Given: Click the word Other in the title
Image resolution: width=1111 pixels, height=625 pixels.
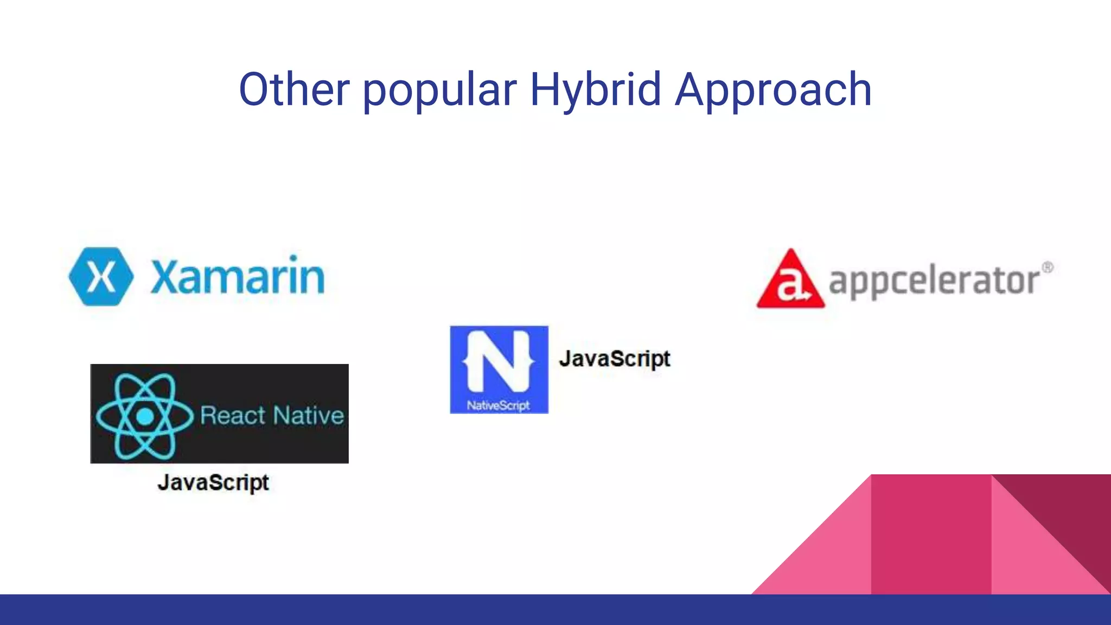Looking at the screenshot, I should pyautogui.click(x=295, y=90).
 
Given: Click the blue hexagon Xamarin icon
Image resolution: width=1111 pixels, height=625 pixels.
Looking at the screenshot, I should pyautogui.click(x=101, y=277).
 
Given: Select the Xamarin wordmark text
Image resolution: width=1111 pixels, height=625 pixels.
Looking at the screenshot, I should pyautogui.click(x=238, y=277).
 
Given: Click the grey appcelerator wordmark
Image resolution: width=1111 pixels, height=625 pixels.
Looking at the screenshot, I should pyautogui.click(x=934, y=281).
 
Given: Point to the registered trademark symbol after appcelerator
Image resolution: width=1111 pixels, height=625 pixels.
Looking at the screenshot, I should pyautogui.click(x=1048, y=267).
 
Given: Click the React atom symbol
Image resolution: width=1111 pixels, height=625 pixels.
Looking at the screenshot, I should pyautogui.click(x=144, y=416).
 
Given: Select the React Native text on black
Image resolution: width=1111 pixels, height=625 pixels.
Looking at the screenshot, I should pyautogui.click(x=272, y=416).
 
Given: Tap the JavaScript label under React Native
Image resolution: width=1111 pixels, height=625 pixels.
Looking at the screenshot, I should pyautogui.click(x=213, y=482).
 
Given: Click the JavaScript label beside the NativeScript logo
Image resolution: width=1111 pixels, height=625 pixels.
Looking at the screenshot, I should pyautogui.click(x=615, y=359).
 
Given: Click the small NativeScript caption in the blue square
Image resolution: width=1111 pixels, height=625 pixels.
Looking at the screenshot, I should pyautogui.click(x=499, y=405).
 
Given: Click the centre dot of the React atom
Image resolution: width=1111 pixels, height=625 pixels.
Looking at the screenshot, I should pyautogui.click(x=145, y=417).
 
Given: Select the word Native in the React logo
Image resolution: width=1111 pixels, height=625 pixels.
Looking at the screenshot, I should pyautogui.click(x=309, y=416).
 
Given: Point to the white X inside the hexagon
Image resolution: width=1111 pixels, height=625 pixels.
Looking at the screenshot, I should pyautogui.click(x=101, y=277).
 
